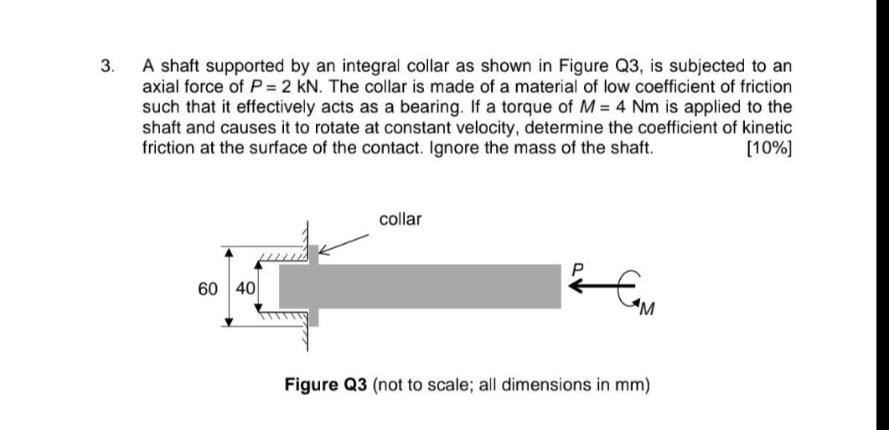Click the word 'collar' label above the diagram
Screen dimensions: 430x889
tap(401, 220)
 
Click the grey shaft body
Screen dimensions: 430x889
tap(419, 287)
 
